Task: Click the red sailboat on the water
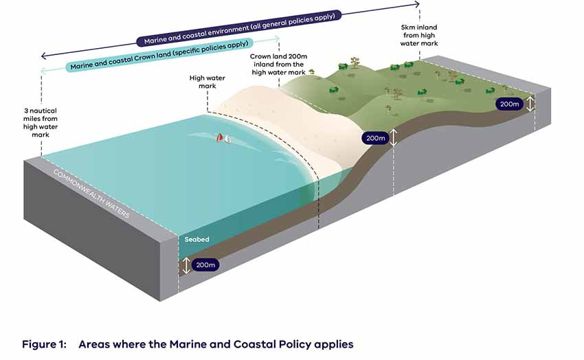(x=220, y=137)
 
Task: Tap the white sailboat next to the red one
(x=227, y=139)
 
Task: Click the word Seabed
(x=196, y=239)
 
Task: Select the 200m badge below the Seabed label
(x=205, y=265)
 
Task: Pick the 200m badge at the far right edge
(x=509, y=104)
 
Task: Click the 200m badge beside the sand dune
(x=375, y=138)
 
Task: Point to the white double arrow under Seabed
(x=186, y=265)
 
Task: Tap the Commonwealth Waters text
(x=91, y=194)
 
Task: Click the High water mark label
(x=207, y=82)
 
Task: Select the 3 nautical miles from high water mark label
(x=41, y=122)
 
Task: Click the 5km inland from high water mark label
(x=419, y=35)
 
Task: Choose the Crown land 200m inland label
(x=278, y=65)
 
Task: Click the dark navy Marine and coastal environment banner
(x=238, y=28)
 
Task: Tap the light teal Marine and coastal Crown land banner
(x=159, y=55)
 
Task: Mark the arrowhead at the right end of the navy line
(x=418, y=4)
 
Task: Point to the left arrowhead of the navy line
(x=44, y=56)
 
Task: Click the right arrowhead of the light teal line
(x=276, y=38)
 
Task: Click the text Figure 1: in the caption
(x=45, y=344)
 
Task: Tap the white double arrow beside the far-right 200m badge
(x=530, y=103)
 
